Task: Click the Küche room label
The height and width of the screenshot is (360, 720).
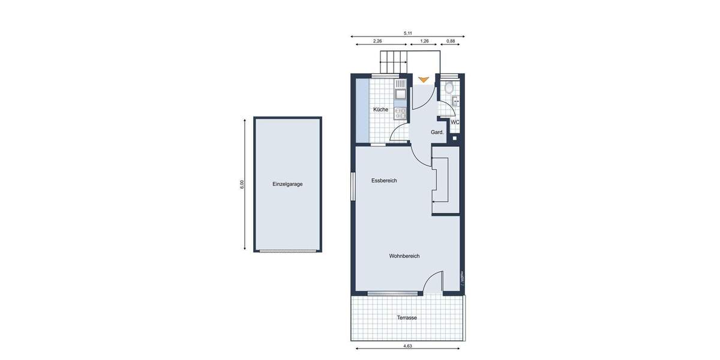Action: point(380,110)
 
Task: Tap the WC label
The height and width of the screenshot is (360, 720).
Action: point(455,122)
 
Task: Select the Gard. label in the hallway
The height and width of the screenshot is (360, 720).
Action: point(437,132)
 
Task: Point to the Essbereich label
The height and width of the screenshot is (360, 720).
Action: point(384,181)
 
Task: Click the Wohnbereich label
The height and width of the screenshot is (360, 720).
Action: point(404,256)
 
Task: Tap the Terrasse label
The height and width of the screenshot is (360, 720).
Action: point(407,317)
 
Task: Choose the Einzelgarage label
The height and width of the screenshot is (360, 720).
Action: point(287,184)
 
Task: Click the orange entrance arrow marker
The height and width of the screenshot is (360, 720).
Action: point(424,79)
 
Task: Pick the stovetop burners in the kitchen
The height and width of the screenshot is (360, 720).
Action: point(400,112)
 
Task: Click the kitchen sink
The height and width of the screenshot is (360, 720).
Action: point(400,93)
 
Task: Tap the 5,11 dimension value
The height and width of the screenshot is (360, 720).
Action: point(408,34)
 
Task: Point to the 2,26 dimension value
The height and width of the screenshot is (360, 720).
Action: point(378,41)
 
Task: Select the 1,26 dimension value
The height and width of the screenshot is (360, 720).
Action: point(425,41)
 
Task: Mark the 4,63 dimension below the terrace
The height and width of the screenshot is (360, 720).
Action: point(407,346)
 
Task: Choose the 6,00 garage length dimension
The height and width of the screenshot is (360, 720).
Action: point(242,184)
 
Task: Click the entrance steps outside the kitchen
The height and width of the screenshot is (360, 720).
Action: point(394,62)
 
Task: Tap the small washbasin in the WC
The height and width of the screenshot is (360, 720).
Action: point(457,101)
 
